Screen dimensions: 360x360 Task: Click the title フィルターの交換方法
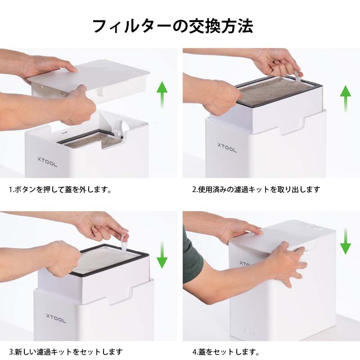click(173, 27)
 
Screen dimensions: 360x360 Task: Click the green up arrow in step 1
click(162, 94)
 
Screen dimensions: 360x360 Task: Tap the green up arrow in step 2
click(345, 99)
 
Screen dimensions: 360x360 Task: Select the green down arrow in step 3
click(162, 255)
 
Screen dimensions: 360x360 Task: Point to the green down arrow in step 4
click(345, 241)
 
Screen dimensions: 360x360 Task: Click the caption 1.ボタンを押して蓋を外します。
click(60, 189)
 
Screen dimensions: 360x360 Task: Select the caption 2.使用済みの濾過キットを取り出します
click(256, 189)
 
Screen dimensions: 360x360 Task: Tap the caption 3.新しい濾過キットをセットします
click(66, 352)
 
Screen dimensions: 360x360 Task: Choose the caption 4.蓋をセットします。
click(226, 352)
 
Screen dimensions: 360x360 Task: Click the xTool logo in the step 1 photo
click(47, 162)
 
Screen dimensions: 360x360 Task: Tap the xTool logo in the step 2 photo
click(227, 148)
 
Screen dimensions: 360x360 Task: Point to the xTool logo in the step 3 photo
click(56, 319)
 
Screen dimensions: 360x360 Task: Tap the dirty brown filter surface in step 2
click(275, 92)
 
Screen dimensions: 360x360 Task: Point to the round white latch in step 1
click(121, 129)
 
